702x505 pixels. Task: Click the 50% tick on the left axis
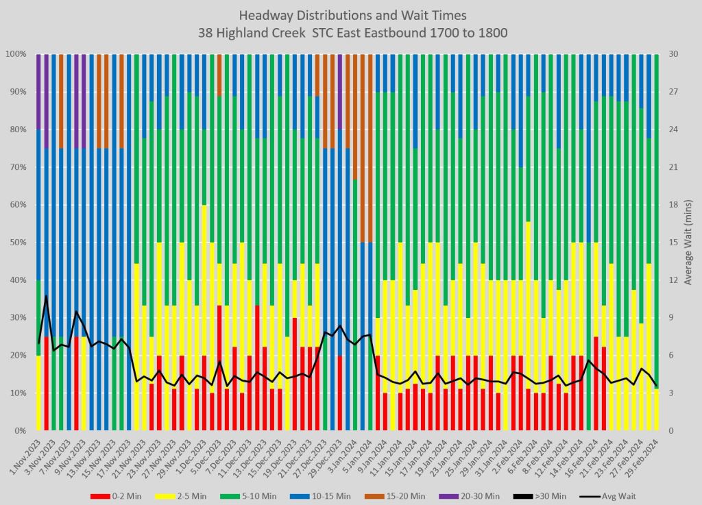click(x=16, y=243)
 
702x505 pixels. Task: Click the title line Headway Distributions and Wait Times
click(x=351, y=15)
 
